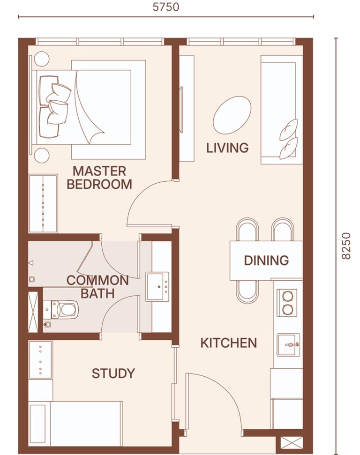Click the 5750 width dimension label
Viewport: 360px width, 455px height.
166,7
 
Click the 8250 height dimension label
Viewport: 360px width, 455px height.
346,246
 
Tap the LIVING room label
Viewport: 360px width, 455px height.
227,148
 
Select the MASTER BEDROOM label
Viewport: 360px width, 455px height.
99,178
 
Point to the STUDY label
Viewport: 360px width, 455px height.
113,373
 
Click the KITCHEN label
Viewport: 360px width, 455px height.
229,343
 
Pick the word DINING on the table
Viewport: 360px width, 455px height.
266,260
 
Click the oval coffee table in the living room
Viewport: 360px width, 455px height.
232,115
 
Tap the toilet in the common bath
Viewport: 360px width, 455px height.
60,310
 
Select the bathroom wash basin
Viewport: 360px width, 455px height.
157,287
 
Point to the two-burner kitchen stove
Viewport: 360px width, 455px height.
287,303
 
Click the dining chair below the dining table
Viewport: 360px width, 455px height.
247,292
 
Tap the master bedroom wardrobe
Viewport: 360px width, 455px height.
43,203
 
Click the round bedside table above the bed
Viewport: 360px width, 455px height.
42,59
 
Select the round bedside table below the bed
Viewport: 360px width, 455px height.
42,155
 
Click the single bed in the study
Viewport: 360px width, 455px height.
75,424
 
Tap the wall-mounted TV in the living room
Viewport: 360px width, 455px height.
181,110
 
